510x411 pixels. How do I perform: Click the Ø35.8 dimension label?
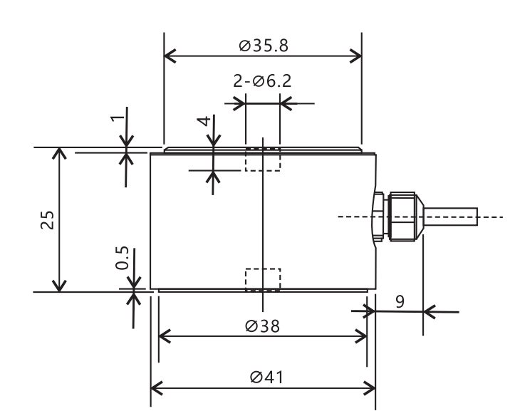264,46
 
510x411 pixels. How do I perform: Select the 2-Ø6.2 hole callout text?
262,81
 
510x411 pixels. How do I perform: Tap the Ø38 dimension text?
262,326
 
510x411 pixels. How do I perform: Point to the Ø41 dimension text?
266,378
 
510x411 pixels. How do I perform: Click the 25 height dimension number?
48,220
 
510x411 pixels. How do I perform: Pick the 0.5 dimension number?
122,258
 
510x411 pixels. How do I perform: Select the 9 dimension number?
400,302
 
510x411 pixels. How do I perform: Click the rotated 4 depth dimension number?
204,121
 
